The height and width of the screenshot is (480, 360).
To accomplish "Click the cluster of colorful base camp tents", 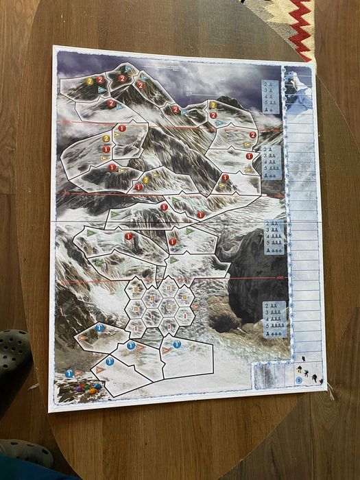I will pyautogui.click(x=86, y=388).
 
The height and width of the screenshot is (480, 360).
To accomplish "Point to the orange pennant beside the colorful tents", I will pyautogui.click(x=100, y=370).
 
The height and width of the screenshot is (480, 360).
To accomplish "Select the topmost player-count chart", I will pyautogui.click(x=270, y=97).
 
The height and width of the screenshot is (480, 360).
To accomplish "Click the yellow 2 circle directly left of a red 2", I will pyautogui.click(x=90, y=80).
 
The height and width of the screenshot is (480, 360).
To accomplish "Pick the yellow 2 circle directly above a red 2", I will pyautogui.click(x=106, y=138).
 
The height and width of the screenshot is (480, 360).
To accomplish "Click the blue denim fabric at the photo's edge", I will pyautogui.click(x=27, y=472).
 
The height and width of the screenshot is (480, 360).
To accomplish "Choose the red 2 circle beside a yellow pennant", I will pyautogui.click(x=252, y=135).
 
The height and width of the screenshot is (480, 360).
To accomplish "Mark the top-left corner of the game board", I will pyautogui.click(x=54, y=49).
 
